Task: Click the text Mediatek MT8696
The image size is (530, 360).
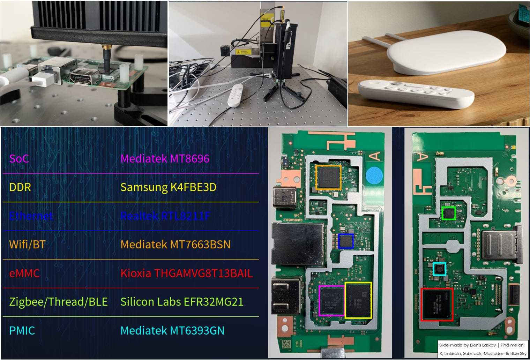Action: click(165, 159)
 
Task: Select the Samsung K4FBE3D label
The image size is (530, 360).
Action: click(168, 187)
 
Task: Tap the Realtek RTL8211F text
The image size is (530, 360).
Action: click(165, 216)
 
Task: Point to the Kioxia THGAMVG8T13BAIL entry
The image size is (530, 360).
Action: click(186, 273)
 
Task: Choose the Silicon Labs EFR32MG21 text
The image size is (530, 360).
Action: click(181, 302)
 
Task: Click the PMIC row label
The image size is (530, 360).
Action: click(22, 330)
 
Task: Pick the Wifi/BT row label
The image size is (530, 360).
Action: click(27, 245)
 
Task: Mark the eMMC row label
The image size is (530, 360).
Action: click(24, 273)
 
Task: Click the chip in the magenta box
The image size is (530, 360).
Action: click(331, 301)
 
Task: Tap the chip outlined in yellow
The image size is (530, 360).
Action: click(358, 300)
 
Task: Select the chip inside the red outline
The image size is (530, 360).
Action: click(437, 304)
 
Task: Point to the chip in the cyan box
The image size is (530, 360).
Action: click(440, 269)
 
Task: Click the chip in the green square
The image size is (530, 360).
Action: click(449, 213)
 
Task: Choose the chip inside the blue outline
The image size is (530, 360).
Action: click(346, 241)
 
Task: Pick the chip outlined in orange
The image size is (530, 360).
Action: click(328, 177)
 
